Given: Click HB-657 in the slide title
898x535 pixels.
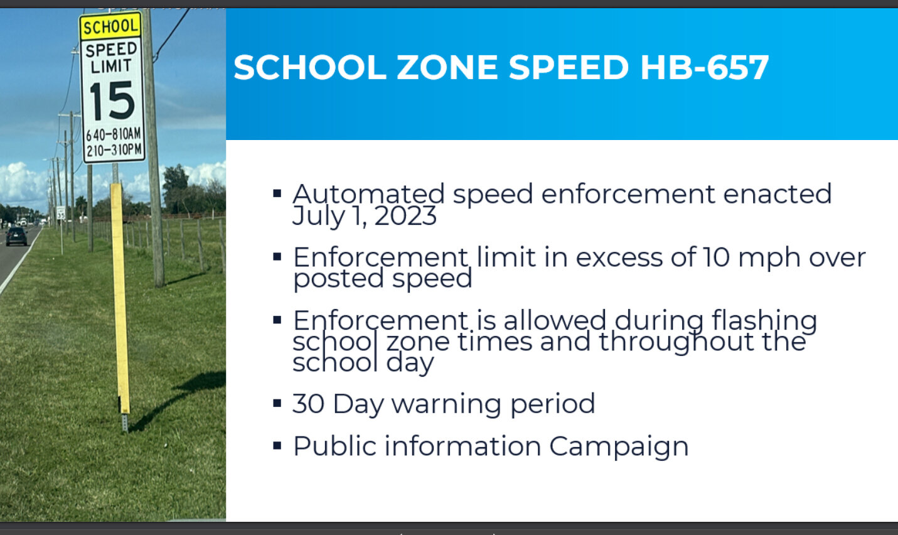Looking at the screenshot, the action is [704, 67].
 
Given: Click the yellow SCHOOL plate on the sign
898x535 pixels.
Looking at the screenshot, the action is [110, 26].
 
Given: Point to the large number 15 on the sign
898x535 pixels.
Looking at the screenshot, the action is [112, 100].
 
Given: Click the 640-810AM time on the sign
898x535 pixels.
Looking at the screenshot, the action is [114, 134].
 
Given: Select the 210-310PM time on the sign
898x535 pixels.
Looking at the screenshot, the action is [114, 151].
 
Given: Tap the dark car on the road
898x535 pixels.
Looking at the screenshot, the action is [16, 236].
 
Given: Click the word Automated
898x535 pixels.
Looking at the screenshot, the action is [368, 194].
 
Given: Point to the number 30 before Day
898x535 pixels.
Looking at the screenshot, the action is [308, 404].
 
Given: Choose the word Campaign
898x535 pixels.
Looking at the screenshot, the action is [619, 447].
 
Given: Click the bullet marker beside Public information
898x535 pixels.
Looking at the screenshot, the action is [277, 446].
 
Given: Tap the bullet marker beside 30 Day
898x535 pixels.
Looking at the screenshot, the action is [277, 403].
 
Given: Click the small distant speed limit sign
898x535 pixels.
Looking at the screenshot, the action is [61, 213].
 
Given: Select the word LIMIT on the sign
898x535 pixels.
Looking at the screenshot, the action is [111, 67].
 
